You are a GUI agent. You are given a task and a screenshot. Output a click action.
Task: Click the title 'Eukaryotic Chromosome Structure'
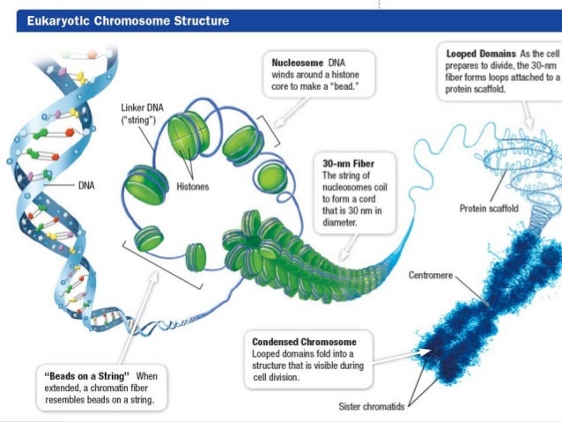(128, 20)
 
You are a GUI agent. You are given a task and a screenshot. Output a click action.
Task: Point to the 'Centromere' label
(431, 276)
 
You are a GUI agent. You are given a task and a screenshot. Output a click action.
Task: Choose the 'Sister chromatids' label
(377, 406)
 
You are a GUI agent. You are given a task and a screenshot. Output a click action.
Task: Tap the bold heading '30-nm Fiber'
(347, 162)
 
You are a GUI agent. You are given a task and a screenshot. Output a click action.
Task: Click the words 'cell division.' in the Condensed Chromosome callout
(278, 379)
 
